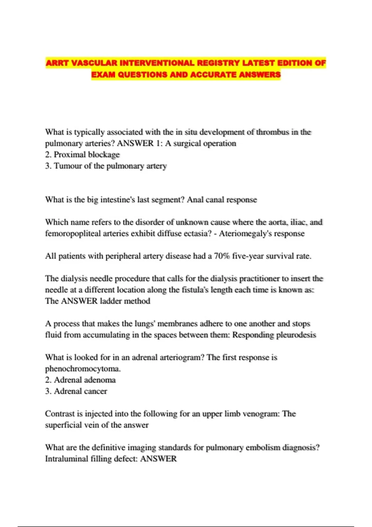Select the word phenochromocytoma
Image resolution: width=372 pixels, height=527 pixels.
[83, 369]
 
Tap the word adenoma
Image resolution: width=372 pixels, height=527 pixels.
[100, 380]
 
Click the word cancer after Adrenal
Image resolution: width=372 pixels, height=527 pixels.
[96, 391]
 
